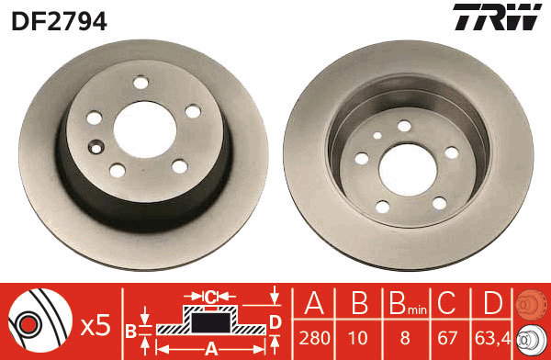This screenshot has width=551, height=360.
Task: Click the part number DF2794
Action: click(x=59, y=17)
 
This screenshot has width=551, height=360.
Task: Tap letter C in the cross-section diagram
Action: click(x=210, y=296)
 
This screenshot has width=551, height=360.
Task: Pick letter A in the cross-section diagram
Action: click(x=210, y=348)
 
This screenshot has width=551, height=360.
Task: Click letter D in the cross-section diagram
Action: click(x=275, y=321)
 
